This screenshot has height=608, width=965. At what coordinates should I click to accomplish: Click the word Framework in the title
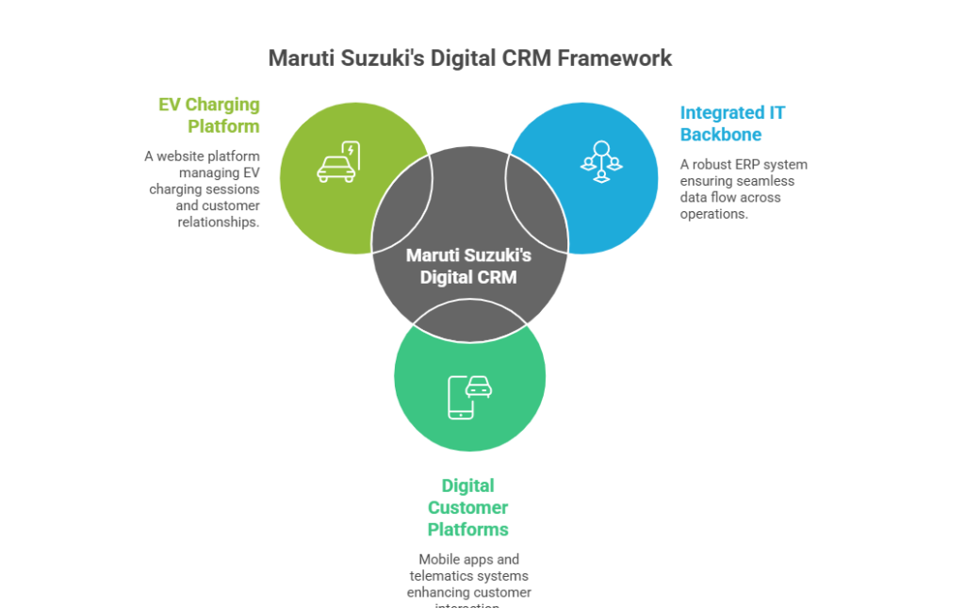pos(614,58)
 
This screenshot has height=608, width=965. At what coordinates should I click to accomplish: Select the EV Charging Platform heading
pos(209,115)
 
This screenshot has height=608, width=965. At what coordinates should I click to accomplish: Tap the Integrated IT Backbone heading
pos(732,123)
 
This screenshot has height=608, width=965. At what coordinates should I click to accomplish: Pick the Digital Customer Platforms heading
pos(468,507)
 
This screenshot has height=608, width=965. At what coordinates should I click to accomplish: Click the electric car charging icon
pos(338,162)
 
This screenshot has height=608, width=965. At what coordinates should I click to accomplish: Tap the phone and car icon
pos(469,396)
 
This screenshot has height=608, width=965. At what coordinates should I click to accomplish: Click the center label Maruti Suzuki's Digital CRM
pos(468,266)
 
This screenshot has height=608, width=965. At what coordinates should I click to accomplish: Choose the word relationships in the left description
pos(219,222)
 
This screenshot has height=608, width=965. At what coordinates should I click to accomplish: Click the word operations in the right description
pos(713,214)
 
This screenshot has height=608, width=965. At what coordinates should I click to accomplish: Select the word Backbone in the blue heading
pos(721,135)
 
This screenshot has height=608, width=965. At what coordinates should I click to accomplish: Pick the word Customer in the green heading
pos(468,507)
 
